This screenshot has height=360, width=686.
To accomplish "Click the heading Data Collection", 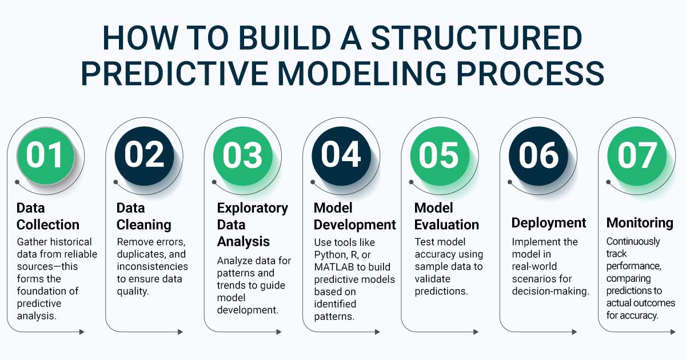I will click(47, 216).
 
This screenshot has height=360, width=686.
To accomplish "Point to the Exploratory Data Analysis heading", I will click(252, 224).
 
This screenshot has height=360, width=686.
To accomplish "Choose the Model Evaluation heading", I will click(446, 216).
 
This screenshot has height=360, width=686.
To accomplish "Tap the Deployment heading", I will click(549, 223).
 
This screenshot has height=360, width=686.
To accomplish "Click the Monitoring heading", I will click(640, 223).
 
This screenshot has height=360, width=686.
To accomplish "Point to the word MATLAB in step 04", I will click(337, 267).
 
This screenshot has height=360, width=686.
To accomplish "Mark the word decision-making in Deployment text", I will click(551, 291).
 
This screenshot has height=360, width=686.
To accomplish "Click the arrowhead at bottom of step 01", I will click(82, 332).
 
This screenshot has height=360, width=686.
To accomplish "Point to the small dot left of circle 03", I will click(215, 182).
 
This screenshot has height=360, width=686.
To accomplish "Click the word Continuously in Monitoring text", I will click(633, 241).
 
